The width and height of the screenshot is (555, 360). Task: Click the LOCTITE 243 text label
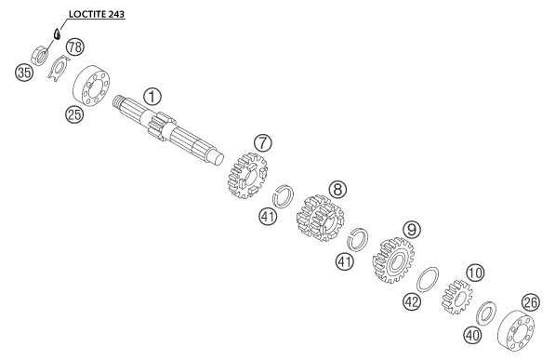(x=97, y=14)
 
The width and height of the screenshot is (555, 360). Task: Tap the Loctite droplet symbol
(x=56, y=33)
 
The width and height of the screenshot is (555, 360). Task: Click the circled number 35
(x=24, y=73)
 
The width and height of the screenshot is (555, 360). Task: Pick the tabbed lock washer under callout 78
(x=58, y=68)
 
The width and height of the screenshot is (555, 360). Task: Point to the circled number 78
(x=75, y=47)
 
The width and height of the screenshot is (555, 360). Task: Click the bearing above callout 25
(x=91, y=86)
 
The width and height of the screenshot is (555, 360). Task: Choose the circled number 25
(x=74, y=114)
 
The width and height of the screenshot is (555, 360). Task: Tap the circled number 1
(x=152, y=97)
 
